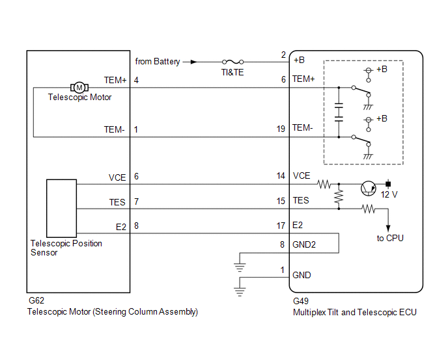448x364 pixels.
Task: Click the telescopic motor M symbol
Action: pyautogui.click(x=79, y=88)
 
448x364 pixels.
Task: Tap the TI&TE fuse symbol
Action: pyautogui.click(x=233, y=62)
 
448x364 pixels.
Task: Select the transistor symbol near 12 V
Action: pyautogui.click(x=369, y=188)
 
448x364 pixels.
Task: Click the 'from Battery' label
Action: pyautogui.click(x=158, y=61)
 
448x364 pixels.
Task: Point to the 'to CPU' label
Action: pyautogui.click(x=390, y=238)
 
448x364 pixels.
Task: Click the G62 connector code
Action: pyautogui.click(x=36, y=300)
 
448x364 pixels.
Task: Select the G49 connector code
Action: pyautogui.click(x=301, y=301)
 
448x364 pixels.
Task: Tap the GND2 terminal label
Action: pyautogui.click(x=304, y=244)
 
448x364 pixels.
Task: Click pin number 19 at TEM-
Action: pyautogui.click(x=281, y=129)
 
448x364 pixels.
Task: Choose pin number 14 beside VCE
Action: pyautogui.click(x=281, y=175)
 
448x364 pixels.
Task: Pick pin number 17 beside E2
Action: pyautogui.click(x=281, y=226)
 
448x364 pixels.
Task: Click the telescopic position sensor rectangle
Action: pyautogui.click(x=61, y=208)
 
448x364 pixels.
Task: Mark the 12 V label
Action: pyautogui.click(x=389, y=194)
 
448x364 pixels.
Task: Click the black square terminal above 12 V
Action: pyautogui.click(x=388, y=184)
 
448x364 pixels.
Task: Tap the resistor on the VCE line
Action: pyautogui.click(x=324, y=184)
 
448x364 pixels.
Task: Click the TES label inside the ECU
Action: pyautogui.click(x=301, y=200)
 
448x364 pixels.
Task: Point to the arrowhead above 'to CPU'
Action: pyautogui.click(x=388, y=228)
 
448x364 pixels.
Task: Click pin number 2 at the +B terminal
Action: pyautogui.click(x=283, y=55)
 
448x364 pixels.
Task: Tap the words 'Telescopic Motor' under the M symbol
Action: pyautogui.click(x=79, y=97)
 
